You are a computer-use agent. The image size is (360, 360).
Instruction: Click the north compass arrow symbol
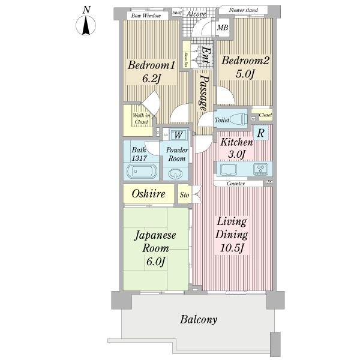[x=87, y=26]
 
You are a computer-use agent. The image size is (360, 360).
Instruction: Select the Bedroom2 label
[x=245, y=60]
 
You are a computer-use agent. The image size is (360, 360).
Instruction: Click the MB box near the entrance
[x=222, y=28]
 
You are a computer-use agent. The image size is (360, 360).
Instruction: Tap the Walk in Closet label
[x=142, y=118]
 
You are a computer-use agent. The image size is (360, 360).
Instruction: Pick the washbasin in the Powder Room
[x=175, y=173]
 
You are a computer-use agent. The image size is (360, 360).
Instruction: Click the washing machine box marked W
[x=178, y=135]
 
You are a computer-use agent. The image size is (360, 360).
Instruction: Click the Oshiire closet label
[x=145, y=194]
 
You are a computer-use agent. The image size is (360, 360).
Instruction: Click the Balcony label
[x=199, y=319]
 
